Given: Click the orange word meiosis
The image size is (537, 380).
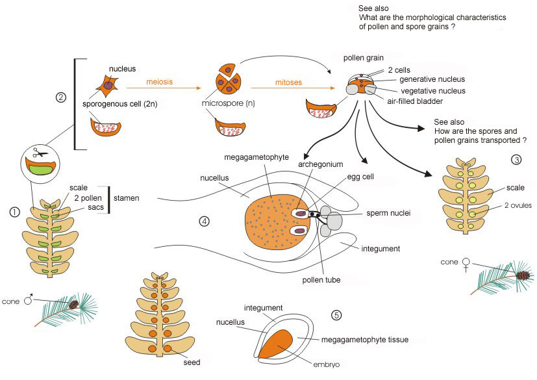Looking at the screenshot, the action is click(159, 82).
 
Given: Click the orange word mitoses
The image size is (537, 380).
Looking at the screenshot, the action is click(288, 82).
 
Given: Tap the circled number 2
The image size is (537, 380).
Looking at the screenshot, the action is click(60, 97).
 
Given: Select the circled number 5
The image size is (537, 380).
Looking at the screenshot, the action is click(336, 314).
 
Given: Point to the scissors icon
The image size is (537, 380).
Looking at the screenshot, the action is click(40, 153).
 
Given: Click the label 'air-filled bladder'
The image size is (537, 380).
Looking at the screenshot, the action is click(415, 101).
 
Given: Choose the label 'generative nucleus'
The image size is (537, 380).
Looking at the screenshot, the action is click(432, 79).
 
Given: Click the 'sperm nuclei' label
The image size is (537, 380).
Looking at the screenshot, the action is click(388, 213).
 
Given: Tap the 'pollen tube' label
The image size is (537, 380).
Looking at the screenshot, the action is click(321, 280).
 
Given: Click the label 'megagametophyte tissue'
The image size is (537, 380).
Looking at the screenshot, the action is click(365, 340).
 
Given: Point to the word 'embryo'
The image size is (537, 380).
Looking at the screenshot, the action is click(327, 364).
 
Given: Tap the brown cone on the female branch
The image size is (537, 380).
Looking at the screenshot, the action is click(523, 275).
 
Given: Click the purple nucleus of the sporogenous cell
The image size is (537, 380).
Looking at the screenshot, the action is click(108, 85).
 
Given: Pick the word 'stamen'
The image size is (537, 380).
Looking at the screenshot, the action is click(127, 198).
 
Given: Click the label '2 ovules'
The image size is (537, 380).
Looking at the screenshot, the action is click(518, 205).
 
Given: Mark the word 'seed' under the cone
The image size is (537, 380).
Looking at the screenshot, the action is click(192, 362).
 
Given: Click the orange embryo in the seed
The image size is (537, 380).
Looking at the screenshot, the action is click(275, 344).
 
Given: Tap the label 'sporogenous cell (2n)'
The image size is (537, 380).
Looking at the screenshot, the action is click(120, 104).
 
